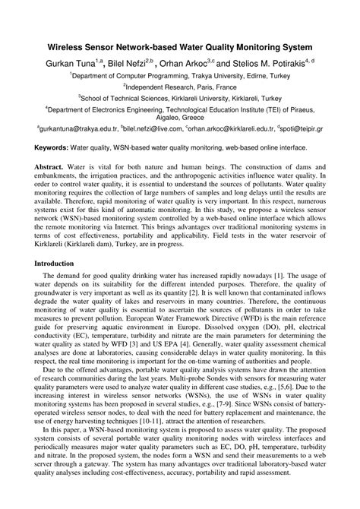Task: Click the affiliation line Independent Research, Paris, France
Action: [x=179, y=87]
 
